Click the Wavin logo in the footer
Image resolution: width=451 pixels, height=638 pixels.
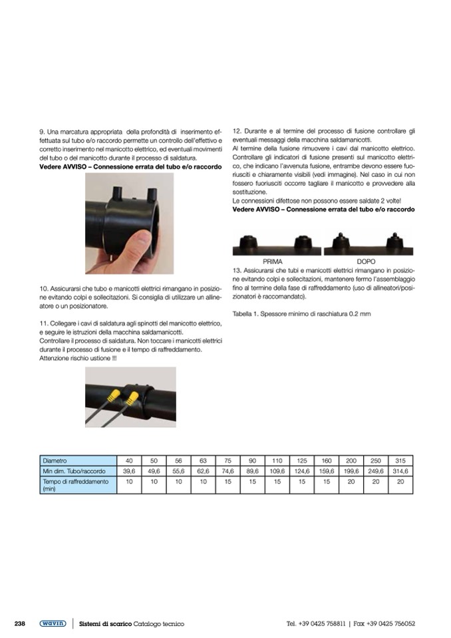click(x=53, y=623)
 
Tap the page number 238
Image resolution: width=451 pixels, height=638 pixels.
click(x=20, y=623)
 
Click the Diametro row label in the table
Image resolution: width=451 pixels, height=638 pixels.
click(x=55, y=460)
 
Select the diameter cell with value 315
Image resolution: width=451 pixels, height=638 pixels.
click(x=400, y=460)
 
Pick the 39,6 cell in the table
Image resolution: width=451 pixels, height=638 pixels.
click(x=129, y=471)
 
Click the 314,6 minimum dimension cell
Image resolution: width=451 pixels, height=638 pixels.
click(x=400, y=471)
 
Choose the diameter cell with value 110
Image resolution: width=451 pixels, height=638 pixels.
click(x=277, y=460)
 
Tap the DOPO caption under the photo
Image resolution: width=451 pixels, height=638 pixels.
click(x=366, y=262)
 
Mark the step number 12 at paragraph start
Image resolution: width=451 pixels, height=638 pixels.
click(x=237, y=131)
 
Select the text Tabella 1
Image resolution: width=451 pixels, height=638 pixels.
click(x=247, y=313)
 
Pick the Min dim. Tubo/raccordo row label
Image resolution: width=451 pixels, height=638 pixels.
click(x=75, y=471)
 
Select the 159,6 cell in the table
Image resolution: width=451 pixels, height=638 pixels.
click(x=326, y=471)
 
